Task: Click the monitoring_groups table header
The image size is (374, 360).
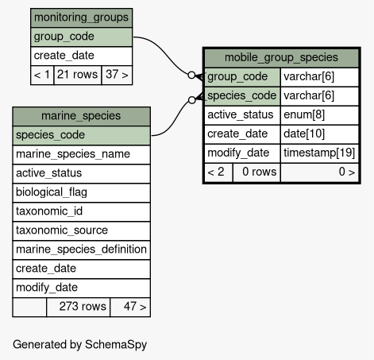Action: click(81, 17)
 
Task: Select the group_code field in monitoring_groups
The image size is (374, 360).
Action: click(81, 37)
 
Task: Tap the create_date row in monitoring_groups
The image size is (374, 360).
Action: click(81, 56)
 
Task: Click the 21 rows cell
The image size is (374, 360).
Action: click(78, 75)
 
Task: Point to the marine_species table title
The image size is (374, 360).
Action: click(81, 116)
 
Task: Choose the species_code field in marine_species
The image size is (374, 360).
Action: click(81, 135)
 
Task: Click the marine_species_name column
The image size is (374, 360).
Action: click(81, 154)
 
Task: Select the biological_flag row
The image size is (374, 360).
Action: click(81, 192)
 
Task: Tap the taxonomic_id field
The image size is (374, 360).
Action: click(81, 211)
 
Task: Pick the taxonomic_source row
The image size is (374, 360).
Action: click(81, 230)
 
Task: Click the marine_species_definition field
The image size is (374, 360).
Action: click(81, 250)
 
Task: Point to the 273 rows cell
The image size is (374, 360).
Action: click(79, 307)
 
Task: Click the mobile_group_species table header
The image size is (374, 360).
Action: click(281, 58)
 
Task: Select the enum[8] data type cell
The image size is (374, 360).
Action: click(319, 115)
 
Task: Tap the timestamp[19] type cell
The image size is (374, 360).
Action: click(319, 153)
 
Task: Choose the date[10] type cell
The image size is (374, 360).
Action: click(319, 134)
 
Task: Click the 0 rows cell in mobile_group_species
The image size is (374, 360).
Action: click(256, 172)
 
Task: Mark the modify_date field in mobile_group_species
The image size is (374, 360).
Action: click(242, 153)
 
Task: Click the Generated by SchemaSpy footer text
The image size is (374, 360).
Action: click(79, 345)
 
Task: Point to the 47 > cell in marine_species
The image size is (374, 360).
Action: click(130, 307)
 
